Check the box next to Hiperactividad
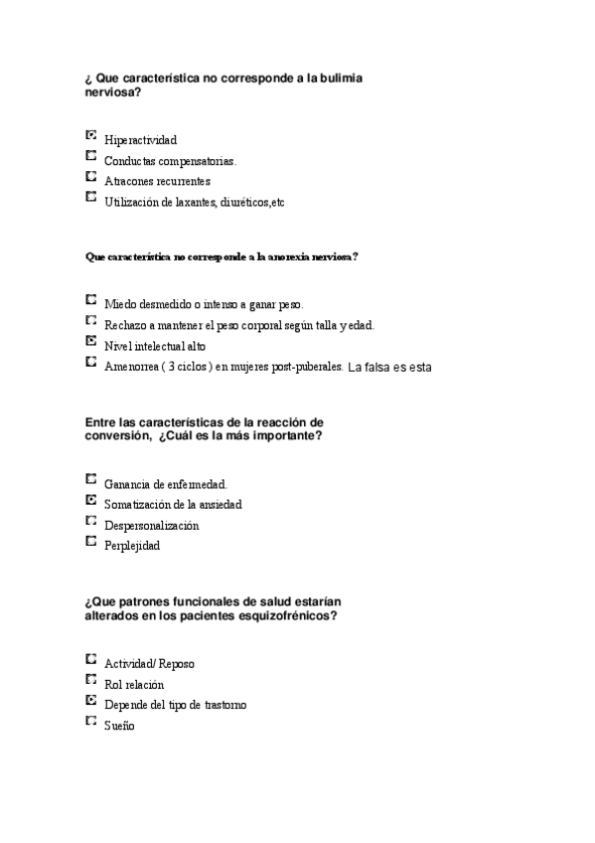pos(91,135)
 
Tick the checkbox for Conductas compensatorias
pos(91,156)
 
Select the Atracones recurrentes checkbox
pos(91,176)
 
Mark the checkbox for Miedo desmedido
pos(91,298)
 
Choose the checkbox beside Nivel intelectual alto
pos(91,340)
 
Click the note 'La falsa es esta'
pos(389,367)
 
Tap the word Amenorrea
pos(129,366)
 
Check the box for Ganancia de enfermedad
pos(91,478)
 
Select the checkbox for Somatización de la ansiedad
pos(91,499)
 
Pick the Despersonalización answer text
pos(151,525)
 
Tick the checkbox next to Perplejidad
pos(91,541)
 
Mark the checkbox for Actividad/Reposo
pos(91,658)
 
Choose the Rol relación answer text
pos(134,684)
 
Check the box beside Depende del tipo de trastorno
pos(91,700)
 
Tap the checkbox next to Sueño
pos(91,721)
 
